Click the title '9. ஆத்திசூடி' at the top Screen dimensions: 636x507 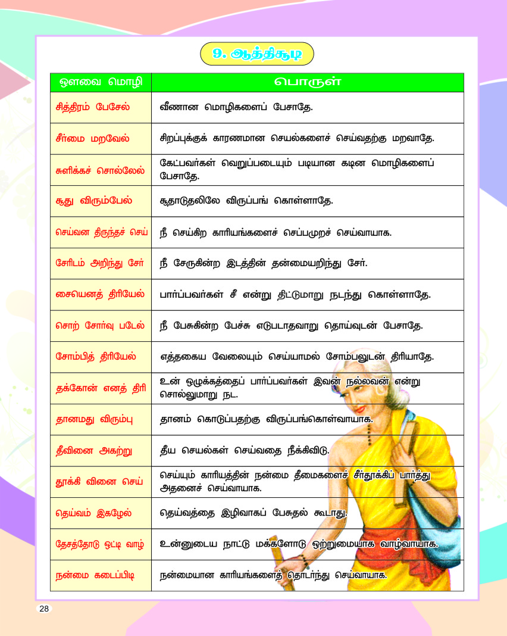257,54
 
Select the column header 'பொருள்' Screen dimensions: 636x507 307,82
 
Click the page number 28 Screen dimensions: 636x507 45,608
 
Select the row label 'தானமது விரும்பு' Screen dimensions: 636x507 93,419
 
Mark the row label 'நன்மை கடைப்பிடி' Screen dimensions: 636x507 95,575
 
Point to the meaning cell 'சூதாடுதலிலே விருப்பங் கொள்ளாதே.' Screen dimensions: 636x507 246,201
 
